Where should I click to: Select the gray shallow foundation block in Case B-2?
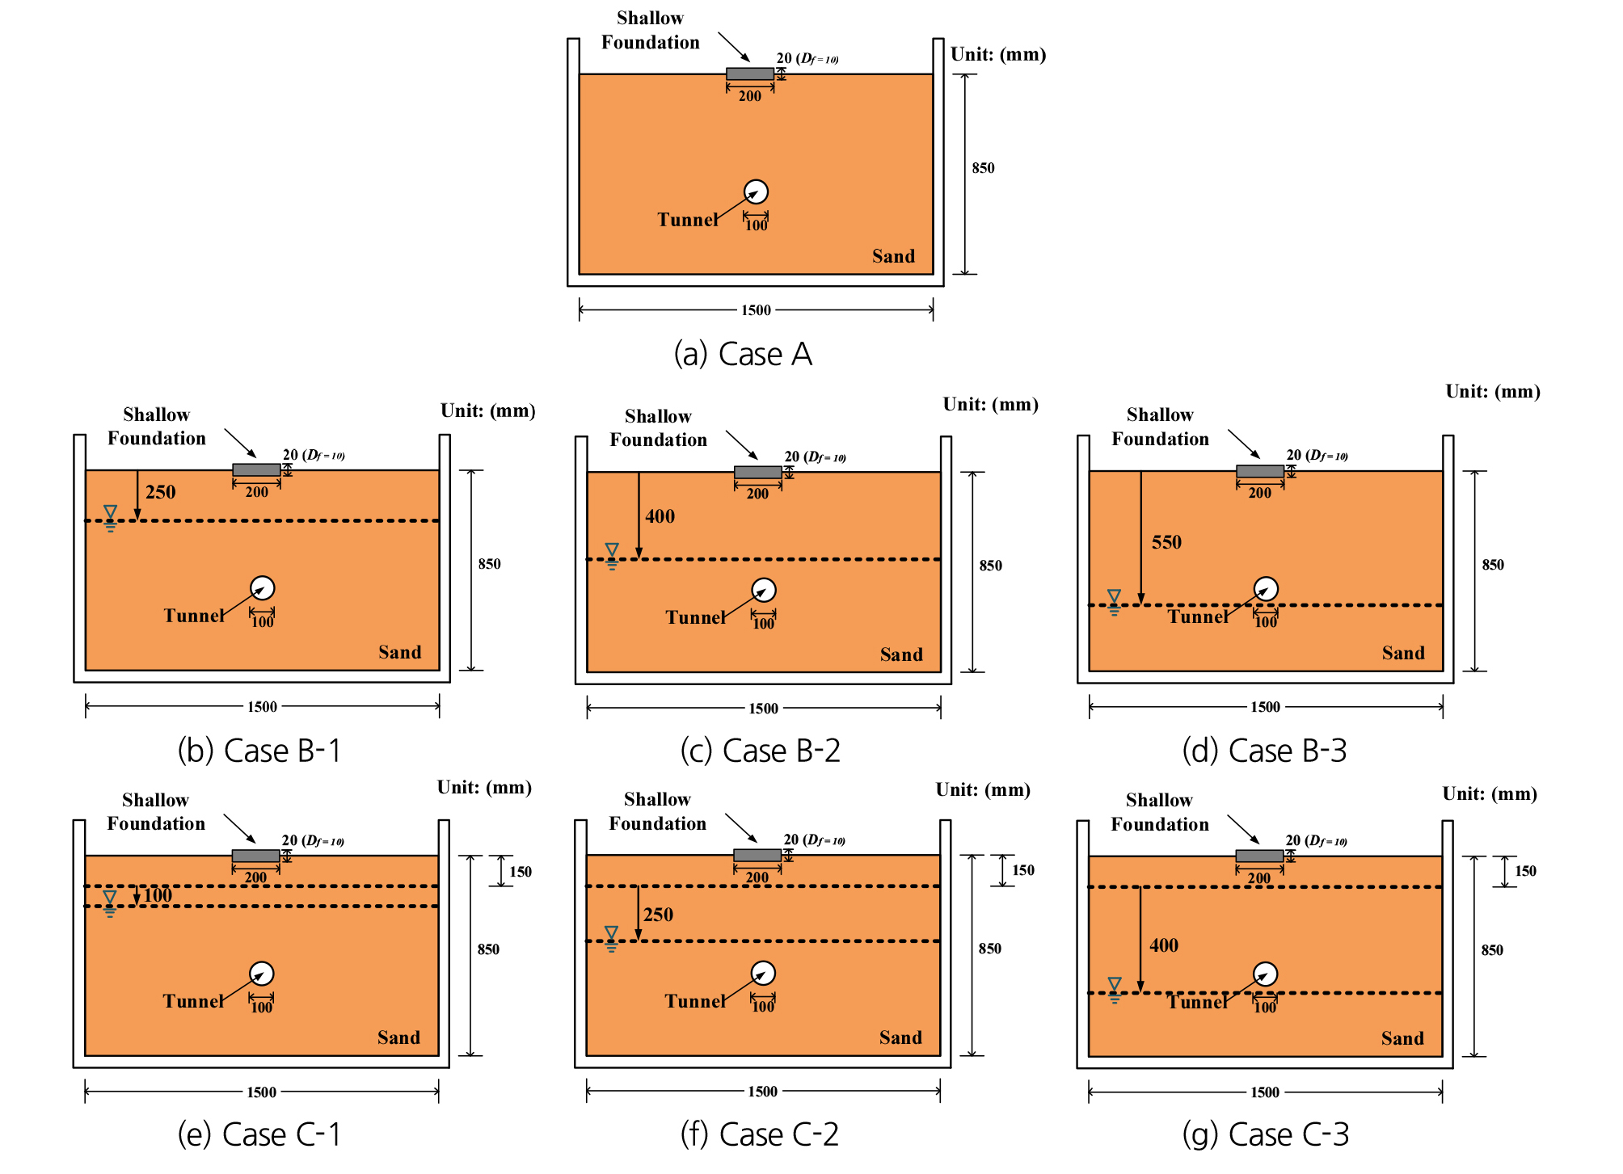758,473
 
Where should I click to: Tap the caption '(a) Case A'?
743,354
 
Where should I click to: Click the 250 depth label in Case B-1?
160,492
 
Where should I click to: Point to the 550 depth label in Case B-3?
1166,542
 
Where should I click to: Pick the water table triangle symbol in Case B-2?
612,550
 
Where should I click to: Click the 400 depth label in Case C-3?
1164,945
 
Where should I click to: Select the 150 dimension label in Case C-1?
521,872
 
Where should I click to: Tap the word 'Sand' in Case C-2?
900,1037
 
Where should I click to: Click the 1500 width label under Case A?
756,310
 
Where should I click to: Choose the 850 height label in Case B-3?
1493,565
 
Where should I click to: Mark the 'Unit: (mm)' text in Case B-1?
488,410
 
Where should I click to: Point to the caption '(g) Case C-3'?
1265,1134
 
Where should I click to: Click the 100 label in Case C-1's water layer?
158,895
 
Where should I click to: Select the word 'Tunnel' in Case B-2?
695,617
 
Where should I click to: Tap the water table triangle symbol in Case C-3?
1115,985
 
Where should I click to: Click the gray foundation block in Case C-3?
1259,856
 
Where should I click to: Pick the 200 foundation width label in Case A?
750,96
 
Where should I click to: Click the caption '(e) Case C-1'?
259,1134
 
